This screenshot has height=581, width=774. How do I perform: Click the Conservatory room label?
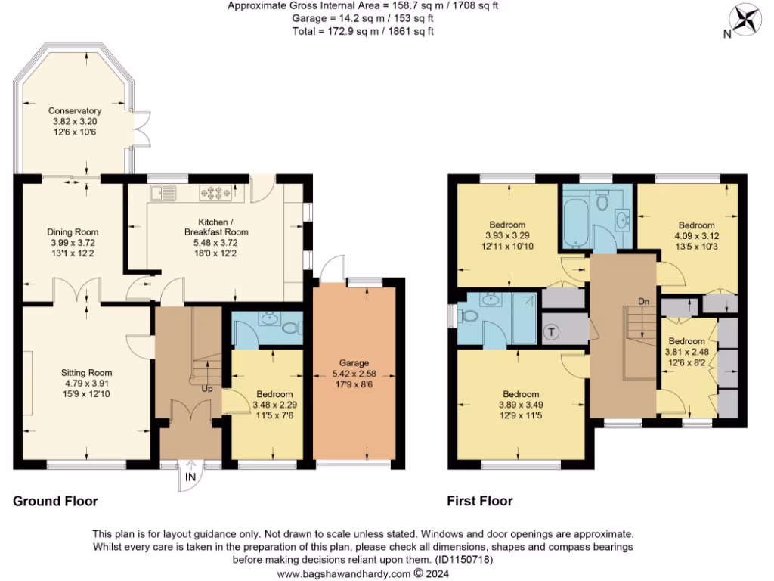pyautogui.click(x=75, y=110)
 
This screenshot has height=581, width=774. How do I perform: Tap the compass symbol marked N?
pyautogui.click(x=746, y=19)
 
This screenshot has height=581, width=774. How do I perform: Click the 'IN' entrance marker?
pyautogui.click(x=190, y=478)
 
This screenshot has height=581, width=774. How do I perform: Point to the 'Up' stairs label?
pyautogui.click(x=206, y=389)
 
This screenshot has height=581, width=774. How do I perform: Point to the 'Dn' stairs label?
pyautogui.click(x=644, y=301)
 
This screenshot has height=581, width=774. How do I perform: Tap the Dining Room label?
pyautogui.click(x=73, y=232)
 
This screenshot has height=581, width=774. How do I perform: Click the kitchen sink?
pyautogui.click(x=163, y=193)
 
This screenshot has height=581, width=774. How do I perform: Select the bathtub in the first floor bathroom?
pyautogui.click(x=576, y=219)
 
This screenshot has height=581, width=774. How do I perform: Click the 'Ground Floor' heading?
pyautogui.click(x=55, y=501)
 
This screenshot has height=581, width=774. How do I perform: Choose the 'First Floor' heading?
pyautogui.click(x=479, y=501)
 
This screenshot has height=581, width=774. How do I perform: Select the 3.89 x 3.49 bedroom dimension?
pyautogui.click(x=521, y=405)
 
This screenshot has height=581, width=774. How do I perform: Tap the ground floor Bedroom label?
pyautogui.click(x=274, y=394)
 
